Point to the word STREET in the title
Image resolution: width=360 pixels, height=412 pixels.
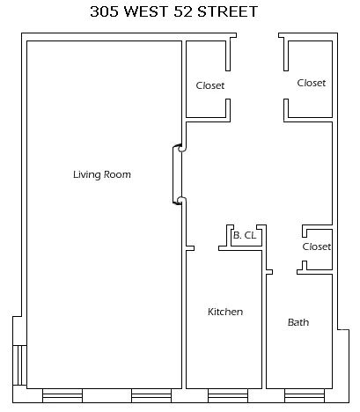click(x=241, y=12)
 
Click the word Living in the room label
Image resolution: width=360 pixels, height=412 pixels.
click(x=88, y=174)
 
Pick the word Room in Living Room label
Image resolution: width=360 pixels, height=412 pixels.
click(x=118, y=174)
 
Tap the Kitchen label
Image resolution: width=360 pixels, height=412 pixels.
click(x=224, y=312)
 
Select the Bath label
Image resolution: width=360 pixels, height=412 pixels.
click(x=298, y=322)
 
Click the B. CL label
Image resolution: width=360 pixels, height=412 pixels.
click(x=244, y=235)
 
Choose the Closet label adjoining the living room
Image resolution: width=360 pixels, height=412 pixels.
click(x=209, y=85)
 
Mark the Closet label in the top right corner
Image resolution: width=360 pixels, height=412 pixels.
click(x=311, y=83)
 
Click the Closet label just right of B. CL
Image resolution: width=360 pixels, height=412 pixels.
click(x=316, y=246)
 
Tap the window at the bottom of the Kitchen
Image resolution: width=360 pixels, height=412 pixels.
click(x=225, y=395)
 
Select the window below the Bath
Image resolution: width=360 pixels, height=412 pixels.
click(x=299, y=395)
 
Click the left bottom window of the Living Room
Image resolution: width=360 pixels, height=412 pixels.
click(x=61, y=395)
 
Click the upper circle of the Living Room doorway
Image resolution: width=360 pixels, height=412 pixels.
click(x=181, y=149)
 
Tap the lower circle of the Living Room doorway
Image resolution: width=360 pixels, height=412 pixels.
click(x=181, y=201)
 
